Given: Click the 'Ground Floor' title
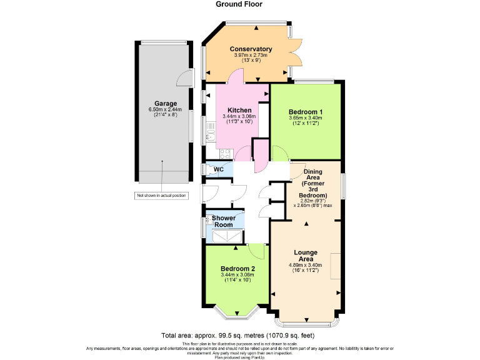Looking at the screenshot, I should (239, 4).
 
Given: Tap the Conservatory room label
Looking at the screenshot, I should (251, 49).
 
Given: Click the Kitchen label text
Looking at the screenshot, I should (239, 110).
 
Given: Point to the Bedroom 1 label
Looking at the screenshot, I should (306, 110).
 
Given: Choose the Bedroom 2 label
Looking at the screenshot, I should (237, 268).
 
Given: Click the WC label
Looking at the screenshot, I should (219, 169).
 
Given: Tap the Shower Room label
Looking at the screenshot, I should (223, 221).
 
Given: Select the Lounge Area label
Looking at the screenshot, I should (306, 256).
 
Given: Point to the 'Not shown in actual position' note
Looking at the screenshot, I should (162, 196).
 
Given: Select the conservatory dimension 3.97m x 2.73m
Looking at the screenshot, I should (251, 56).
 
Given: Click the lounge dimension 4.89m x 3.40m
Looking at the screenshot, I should (306, 265).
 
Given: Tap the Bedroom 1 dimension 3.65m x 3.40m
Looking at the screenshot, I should (306, 117).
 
